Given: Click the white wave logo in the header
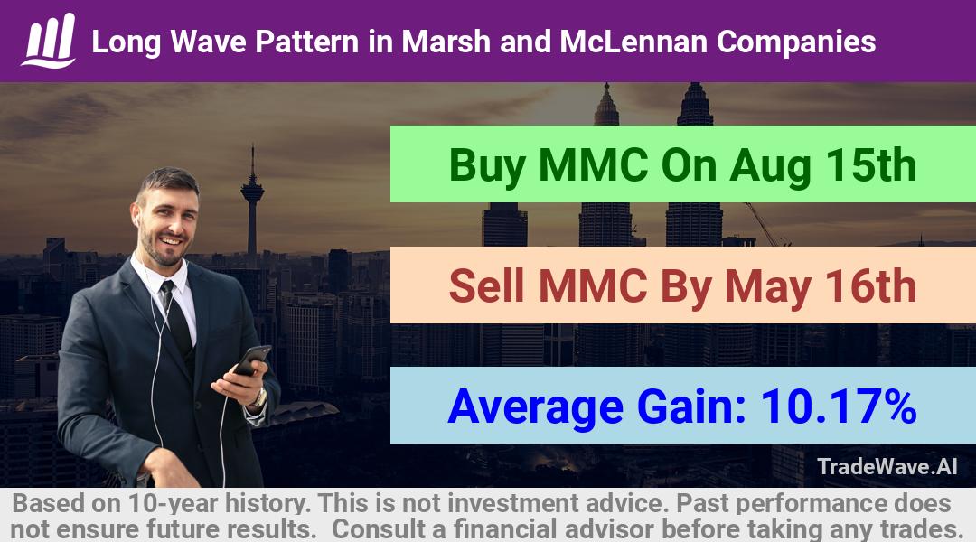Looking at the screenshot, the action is (x=49, y=41).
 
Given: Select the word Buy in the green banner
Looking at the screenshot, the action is (x=487, y=166).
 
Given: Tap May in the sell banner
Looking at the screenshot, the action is (x=767, y=288).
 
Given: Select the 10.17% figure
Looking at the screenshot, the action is (x=839, y=406).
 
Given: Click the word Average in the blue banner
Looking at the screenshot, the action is (x=535, y=408).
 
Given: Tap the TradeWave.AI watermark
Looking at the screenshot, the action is (x=887, y=466).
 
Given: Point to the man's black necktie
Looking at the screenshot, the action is (x=177, y=317).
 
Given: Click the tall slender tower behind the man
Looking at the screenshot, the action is (x=252, y=199).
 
